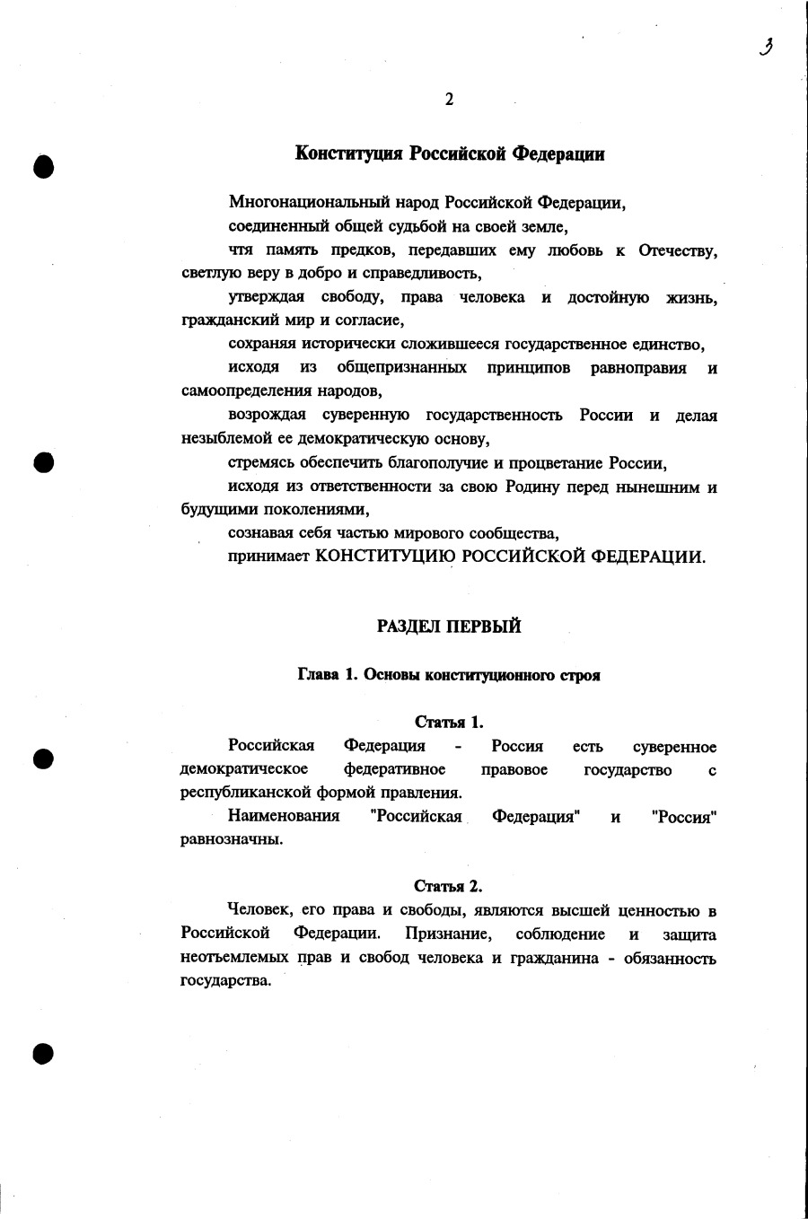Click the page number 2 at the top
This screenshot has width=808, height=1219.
click(x=449, y=100)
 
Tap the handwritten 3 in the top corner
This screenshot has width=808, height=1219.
click(x=766, y=47)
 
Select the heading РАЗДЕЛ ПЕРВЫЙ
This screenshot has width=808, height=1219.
click(x=449, y=627)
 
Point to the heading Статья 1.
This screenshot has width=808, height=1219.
click(x=449, y=722)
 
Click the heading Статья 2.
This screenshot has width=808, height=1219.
click(x=449, y=887)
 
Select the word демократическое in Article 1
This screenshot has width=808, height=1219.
click(x=243, y=770)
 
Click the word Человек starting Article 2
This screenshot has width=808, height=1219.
click(x=259, y=911)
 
